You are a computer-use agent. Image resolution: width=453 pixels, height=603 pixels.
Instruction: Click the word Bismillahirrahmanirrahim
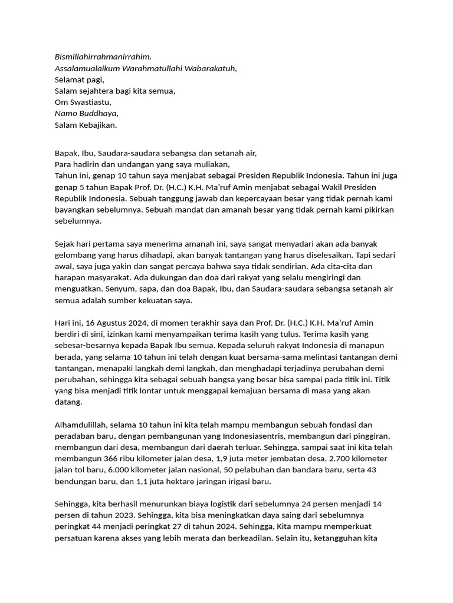pos(103,57)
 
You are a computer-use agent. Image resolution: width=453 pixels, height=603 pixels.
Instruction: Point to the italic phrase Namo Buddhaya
pos(86,113)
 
